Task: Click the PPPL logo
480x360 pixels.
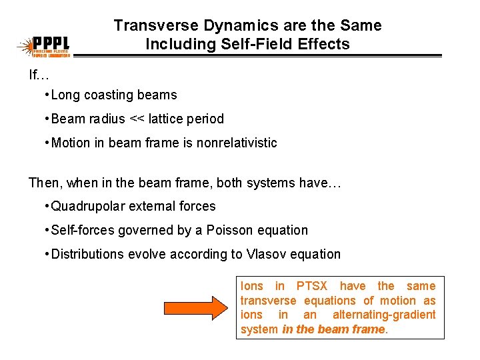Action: (46, 46)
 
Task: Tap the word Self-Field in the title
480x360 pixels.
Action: (229, 45)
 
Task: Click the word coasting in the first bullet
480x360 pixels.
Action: (107, 95)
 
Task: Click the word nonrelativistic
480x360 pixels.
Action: (237, 143)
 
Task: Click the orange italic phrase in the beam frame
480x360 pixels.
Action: (333, 329)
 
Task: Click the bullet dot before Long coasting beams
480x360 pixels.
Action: (46, 95)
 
